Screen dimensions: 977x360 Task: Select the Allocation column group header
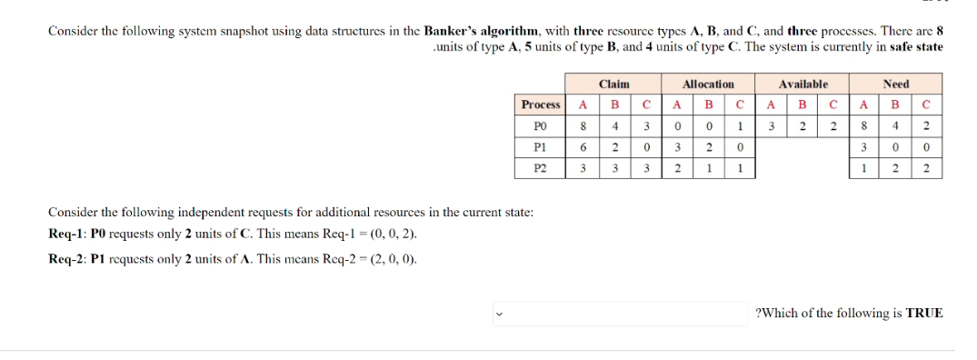tap(708, 84)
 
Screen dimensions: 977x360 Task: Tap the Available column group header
tap(803, 84)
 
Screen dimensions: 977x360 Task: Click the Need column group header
tap(895, 84)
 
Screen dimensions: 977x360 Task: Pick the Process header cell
tap(541, 105)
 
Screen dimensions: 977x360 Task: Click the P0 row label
tap(541, 125)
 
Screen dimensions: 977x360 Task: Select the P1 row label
tap(541, 146)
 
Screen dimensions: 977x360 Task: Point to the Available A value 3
tap(771, 125)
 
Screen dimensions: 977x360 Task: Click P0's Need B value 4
tap(895, 125)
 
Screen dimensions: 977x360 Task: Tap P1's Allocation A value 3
tap(676, 146)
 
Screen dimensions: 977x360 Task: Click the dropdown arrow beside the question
tap(498, 315)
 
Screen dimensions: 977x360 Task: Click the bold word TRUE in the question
tap(924, 314)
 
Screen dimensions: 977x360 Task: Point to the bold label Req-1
tap(65, 235)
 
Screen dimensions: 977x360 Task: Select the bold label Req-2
tap(65, 259)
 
